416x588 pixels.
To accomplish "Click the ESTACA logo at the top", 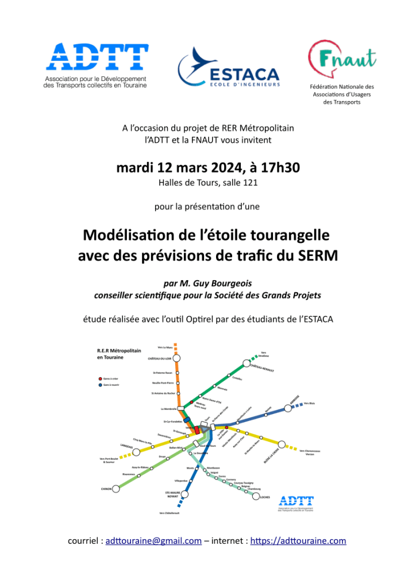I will [229, 69].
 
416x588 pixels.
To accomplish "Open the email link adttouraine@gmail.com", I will [154, 540].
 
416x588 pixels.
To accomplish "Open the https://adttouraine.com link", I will [298, 540].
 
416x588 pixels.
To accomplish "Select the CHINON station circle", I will [116, 489].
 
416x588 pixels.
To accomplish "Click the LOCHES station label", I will [265, 498].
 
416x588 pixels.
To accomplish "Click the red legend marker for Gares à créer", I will [99, 379].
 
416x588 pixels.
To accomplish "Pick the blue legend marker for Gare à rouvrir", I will [99, 385].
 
